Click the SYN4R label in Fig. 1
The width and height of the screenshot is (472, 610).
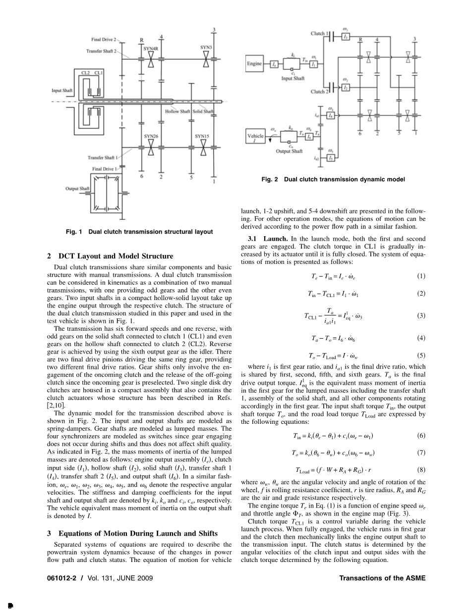pyautogui.click(x=151, y=49)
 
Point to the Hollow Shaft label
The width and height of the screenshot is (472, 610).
pyautogui.click(x=177, y=111)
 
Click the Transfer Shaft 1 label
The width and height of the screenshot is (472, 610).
pyautogui.click(x=102, y=158)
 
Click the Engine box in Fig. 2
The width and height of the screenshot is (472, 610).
pyautogui.click(x=254, y=63)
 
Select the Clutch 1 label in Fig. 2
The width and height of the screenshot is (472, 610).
pyautogui.click(x=318, y=34)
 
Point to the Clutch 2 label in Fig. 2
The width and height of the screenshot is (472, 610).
pyautogui.click(x=318, y=92)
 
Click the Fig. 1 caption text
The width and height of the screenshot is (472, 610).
pyautogui.click(x=139, y=231)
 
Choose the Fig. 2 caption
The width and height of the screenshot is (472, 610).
pyautogui.click(x=333, y=179)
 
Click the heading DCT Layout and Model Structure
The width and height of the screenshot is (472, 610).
pyautogui.click(x=110, y=256)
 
